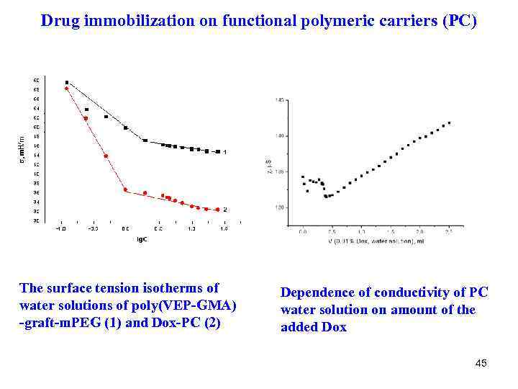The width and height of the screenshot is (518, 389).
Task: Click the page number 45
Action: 481,363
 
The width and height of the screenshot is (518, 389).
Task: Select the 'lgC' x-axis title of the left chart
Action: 142,238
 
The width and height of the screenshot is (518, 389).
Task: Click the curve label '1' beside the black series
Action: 225,152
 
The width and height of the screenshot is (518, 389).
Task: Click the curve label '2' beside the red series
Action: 225,210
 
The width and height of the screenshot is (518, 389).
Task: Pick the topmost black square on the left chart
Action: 67,83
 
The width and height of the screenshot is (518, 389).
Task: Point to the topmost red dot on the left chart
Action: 66,89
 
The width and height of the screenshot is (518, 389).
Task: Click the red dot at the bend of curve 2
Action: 125,190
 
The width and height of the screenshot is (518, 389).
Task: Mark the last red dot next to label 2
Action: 217,210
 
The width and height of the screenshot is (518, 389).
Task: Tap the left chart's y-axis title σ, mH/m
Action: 23,148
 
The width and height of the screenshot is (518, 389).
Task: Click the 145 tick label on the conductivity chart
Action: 279,99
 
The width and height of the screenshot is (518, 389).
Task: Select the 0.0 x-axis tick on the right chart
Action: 303,233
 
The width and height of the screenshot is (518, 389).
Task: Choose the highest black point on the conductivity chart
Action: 450,122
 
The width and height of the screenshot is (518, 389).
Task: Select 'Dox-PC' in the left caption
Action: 177,323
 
